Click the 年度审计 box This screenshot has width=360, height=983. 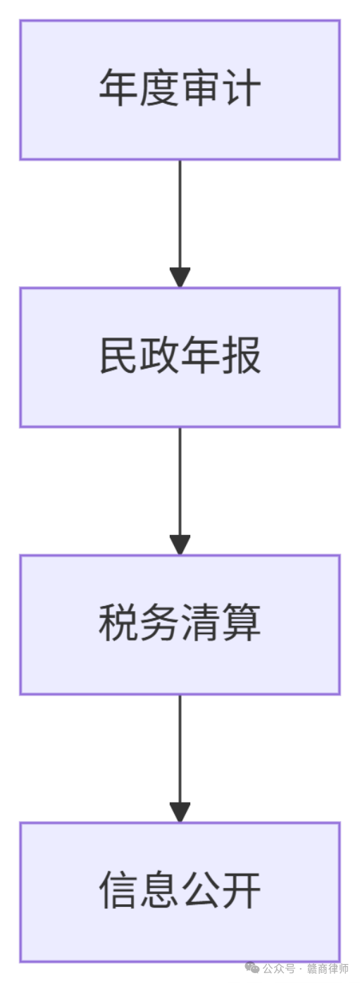click(x=180, y=89)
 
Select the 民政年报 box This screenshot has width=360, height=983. click(x=180, y=357)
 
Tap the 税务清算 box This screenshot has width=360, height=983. click(x=180, y=625)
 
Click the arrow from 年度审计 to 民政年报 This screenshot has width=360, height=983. click(x=180, y=224)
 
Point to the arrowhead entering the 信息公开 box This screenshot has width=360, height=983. click(x=180, y=812)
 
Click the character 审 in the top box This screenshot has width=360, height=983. click(x=200, y=88)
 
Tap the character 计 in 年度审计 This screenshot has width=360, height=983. click(x=242, y=88)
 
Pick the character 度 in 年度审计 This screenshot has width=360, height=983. click(x=160, y=88)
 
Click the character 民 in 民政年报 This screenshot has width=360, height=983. click(x=118, y=355)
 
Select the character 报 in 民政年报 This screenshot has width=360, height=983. click(x=242, y=355)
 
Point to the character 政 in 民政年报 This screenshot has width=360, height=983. click(x=160, y=355)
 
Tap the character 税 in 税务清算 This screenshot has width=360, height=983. click(x=118, y=623)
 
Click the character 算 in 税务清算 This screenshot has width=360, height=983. click(x=242, y=623)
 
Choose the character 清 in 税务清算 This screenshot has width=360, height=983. click(x=200, y=623)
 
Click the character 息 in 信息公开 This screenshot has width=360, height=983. click(x=160, y=891)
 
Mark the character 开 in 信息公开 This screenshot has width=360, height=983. click(x=242, y=891)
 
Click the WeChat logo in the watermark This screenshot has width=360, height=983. click(x=252, y=967)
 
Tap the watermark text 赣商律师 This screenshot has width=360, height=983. click(x=328, y=968)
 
